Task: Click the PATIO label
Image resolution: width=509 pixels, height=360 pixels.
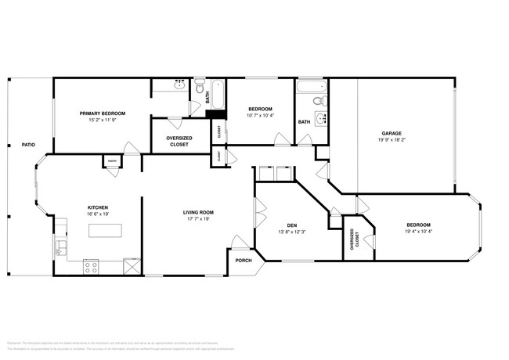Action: tap(28, 145)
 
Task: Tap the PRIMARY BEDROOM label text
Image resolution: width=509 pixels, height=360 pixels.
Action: tap(103, 113)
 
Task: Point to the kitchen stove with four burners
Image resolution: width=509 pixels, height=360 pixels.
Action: tap(91, 265)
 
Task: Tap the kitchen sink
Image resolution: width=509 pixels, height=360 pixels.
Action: tap(60, 250)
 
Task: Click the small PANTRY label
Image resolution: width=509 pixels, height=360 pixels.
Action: tap(112, 162)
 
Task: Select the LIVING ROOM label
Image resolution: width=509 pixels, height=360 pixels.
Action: tap(199, 212)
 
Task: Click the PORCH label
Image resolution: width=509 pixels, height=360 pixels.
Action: tap(244, 261)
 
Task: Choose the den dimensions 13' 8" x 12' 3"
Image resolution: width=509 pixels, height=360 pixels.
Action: tap(291, 231)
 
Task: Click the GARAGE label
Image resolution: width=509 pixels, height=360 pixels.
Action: tap(392, 134)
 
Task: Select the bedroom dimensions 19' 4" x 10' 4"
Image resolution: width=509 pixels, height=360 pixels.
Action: tap(419, 231)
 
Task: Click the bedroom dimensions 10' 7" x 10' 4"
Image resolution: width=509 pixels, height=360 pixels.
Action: tap(260, 116)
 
